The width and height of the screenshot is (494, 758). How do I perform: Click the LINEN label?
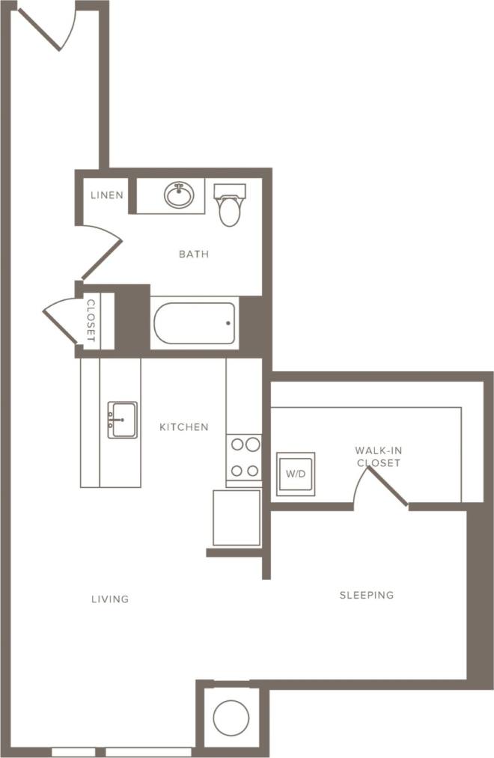pyautogui.click(x=107, y=195)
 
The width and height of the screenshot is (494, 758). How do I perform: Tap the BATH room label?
pyautogui.click(x=193, y=254)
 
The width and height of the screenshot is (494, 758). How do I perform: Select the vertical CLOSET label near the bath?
pyautogui.click(x=91, y=321)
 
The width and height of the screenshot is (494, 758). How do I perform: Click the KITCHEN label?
pyautogui.click(x=183, y=427)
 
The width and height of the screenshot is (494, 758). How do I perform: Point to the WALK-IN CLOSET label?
pyautogui.click(x=378, y=456)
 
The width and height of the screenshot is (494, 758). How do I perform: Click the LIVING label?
pyautogui.click(x=110, y=599)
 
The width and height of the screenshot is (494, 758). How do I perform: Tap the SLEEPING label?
pyautogui.click(x=366, y=596)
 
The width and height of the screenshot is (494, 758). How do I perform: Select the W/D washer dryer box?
pyautogui.click(x=296, y=474)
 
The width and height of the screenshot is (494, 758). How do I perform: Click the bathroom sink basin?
pyautogui.click(x=179, y=196)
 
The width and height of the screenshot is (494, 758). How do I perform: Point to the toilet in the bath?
pyautogui.click(x=230, y=205)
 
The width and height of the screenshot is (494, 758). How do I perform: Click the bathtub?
pyautogui.click(x=195, y=323)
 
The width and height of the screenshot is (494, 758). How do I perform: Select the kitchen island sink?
pyautogui.click(x=122, y=420)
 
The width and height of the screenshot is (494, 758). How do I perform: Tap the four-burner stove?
pyautogui.click(x=244, y=458)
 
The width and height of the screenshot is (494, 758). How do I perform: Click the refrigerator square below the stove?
pyautogui.click(x=237, y=518)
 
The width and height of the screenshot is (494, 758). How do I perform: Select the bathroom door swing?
pyautogui.click(x=101, y=252)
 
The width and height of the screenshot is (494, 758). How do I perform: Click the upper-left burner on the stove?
pyautogui.click(x=237, y=444)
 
